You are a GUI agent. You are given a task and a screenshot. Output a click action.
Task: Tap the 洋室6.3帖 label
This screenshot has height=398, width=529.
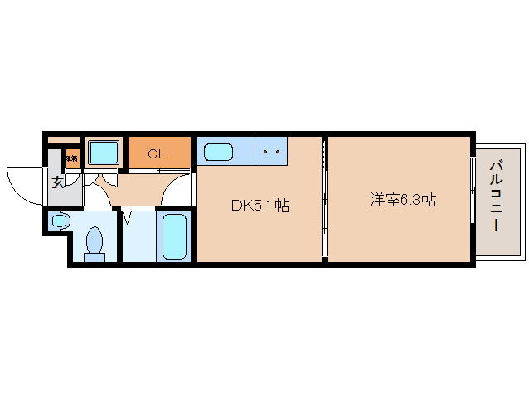coord(403,200)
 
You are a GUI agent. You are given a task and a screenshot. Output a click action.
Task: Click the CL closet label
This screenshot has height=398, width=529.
coord(158,153)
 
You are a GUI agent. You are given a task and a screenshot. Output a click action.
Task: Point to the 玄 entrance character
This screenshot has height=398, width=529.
coord(57,182)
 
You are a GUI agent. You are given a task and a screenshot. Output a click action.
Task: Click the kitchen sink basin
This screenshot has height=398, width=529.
coord(217,153)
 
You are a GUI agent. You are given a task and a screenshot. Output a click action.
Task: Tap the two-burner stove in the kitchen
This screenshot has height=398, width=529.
coord(270,152)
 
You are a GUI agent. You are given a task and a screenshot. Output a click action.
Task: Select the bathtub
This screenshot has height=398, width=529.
coord(174,236)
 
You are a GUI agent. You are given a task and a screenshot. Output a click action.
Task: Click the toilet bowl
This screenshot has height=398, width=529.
coord(95,241)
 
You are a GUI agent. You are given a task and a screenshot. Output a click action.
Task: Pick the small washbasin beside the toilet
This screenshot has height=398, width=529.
coord(58,221)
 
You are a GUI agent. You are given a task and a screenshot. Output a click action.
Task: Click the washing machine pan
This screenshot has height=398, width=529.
coord(104,153)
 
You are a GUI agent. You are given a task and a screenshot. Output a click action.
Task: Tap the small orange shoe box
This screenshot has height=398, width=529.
coord(72,158)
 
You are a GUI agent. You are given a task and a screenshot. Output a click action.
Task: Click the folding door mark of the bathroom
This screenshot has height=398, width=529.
coord(128,219)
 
